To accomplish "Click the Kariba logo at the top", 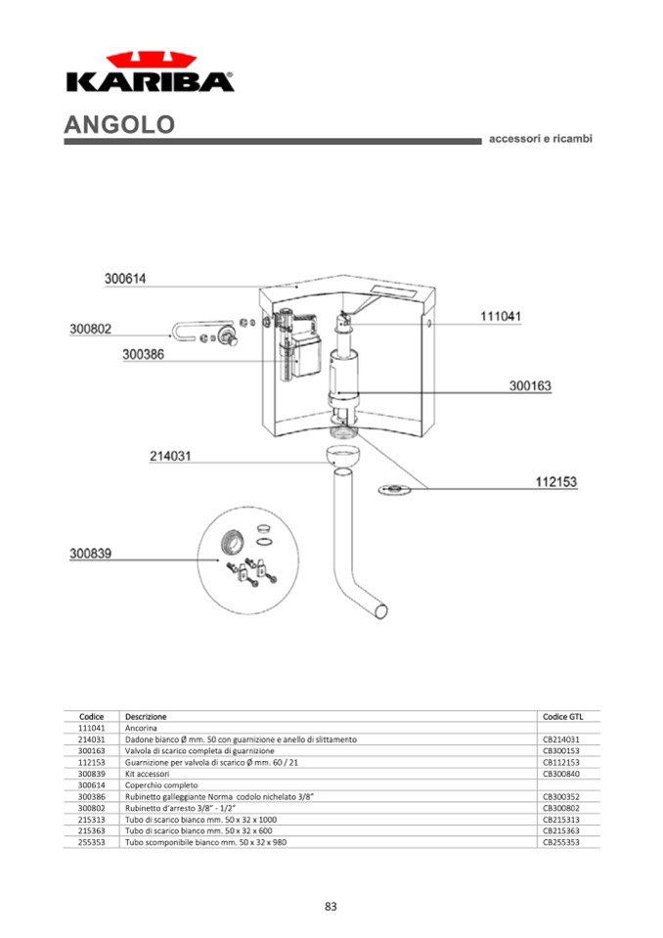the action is coord(150,71).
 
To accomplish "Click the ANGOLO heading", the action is coord(119,124).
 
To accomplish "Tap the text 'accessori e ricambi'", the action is coord(541,139).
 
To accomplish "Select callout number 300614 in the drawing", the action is coord(125,279).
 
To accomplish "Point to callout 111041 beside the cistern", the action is coord(501,317).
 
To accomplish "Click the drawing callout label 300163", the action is coord(530,385).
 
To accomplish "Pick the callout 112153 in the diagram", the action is coord(556,481).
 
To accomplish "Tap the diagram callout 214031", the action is coord(170,456).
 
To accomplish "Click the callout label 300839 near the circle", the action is coord(90,554).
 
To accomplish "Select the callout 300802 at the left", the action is coord(90,329).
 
